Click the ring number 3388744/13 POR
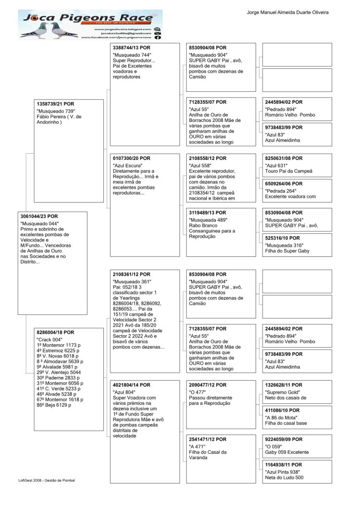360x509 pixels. click(131, 48)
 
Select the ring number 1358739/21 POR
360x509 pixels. click(56, 104)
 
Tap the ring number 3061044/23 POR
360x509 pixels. click(39, 217)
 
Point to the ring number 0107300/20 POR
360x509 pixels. click(131, 158)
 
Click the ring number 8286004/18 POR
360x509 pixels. click(56, 332)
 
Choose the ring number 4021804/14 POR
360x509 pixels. click(131, 385)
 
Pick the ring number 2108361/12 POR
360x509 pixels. click(131, 274)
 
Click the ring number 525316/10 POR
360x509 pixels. click(282, 238)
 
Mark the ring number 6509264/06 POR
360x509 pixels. click(284, 183)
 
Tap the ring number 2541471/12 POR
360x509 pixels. click(207, 439)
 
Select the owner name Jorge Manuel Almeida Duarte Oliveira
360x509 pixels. click(288, 12)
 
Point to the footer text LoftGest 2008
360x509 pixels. click(46, 480)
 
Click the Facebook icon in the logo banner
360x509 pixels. click(157, 37)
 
